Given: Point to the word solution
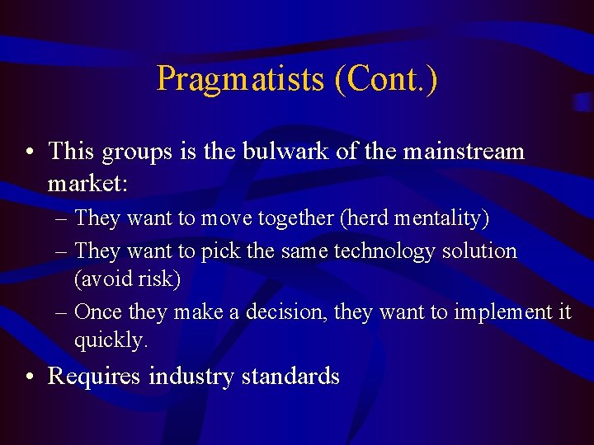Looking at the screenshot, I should click(x=479, y=251).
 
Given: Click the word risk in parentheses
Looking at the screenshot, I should click(x=157, y=279).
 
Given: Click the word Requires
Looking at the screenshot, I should click(x=95, y=377).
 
